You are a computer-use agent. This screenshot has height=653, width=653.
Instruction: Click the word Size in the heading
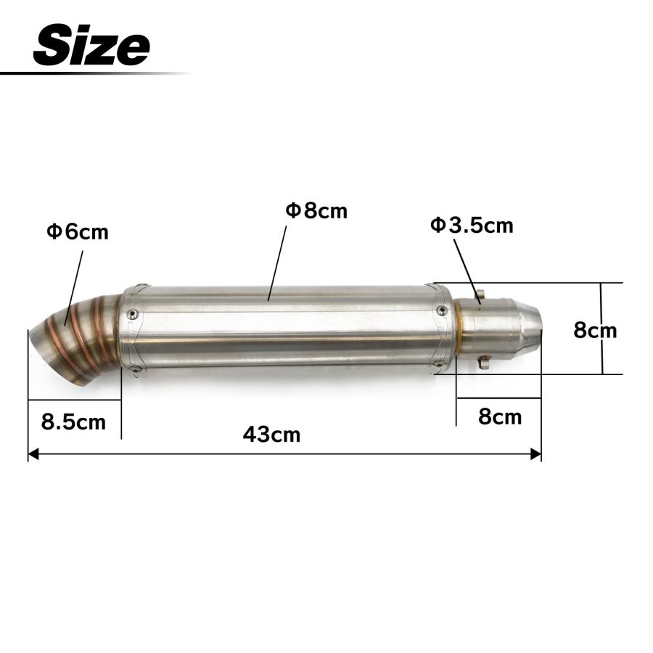point(91,44)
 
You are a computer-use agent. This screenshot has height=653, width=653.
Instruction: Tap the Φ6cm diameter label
point(78,231)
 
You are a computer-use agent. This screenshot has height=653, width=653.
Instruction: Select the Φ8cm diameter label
point(316,210)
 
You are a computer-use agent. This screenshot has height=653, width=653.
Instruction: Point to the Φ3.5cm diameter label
point(472,226)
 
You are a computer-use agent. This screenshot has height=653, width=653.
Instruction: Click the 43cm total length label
point(271,435)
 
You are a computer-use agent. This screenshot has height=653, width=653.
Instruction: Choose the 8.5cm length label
point(73,422)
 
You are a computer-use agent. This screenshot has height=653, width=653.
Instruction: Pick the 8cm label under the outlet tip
point(500,417)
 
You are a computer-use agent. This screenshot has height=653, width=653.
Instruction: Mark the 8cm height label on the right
point(595,330)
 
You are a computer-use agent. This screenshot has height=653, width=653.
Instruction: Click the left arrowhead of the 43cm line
point(33,454)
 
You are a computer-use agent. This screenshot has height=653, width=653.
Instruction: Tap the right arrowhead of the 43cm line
point(535,454)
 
